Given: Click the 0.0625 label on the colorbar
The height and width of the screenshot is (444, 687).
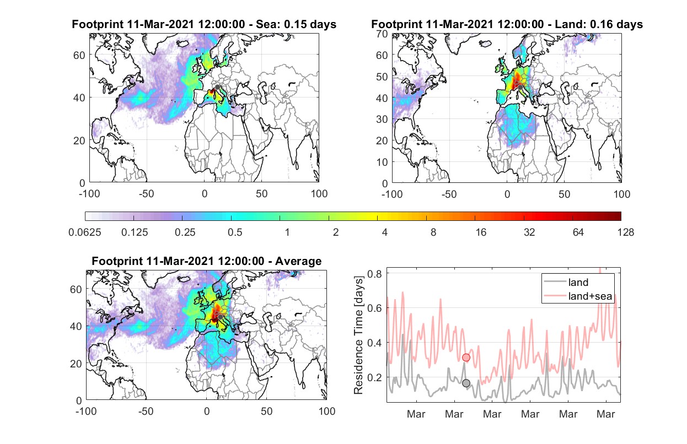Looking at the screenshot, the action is tap(85, 232).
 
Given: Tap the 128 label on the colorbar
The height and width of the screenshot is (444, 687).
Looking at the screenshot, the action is tap(626, 232).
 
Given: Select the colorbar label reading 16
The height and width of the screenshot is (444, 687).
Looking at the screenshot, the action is tap(481, 232).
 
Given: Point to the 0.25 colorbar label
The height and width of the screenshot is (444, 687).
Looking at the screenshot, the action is tap(185, 232).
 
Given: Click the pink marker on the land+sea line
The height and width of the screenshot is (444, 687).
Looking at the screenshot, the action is tap(466, 358).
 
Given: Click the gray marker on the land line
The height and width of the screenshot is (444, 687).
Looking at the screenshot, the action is tap(466, 383).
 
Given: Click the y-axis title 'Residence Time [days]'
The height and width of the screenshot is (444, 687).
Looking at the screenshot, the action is tap(358, 335).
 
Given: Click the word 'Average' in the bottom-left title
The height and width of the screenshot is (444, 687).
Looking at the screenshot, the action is tap(298, 261).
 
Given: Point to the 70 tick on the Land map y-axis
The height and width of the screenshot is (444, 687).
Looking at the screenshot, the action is tap(382, 34).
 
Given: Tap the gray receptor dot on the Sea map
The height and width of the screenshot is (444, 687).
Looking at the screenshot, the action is tap(217, 87).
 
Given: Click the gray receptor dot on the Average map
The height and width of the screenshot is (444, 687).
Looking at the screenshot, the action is tap(220, 317).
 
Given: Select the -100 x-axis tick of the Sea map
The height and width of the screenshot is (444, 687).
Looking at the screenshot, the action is tap(89, 194).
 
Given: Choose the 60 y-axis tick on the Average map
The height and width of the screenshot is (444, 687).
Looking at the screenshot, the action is tap(76, 289).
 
